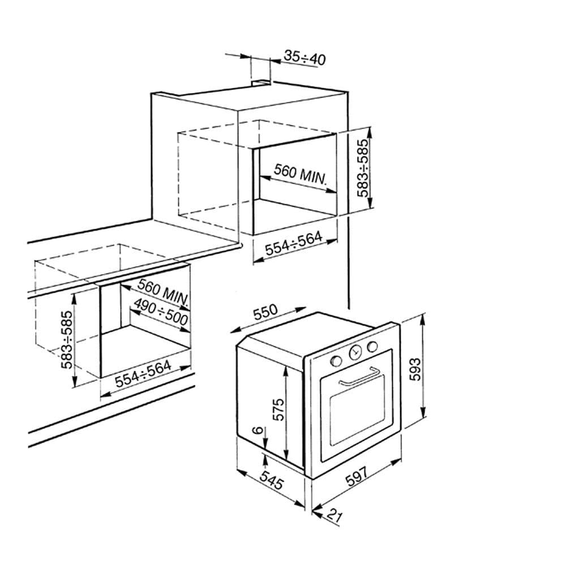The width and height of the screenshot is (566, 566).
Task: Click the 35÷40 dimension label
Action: (x=305, y=57)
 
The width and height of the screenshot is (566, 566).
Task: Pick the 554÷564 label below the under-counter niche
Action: (x=143, y=374)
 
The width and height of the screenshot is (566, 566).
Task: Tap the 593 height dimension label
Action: (x=415, y=368)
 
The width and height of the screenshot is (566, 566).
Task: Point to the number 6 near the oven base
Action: (x=258, y=431)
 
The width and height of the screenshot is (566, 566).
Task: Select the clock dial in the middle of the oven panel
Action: (x=355, y=353)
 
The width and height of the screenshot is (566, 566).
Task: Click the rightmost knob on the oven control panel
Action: (x=372, y=346)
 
